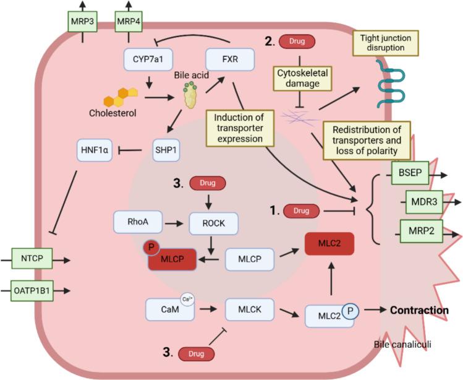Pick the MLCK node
click(x=248, y=306)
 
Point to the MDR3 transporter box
click(x=424, y=202)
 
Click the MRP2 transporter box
click(x=421, y=230)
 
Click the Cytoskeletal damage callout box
click(x=300, y=77)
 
